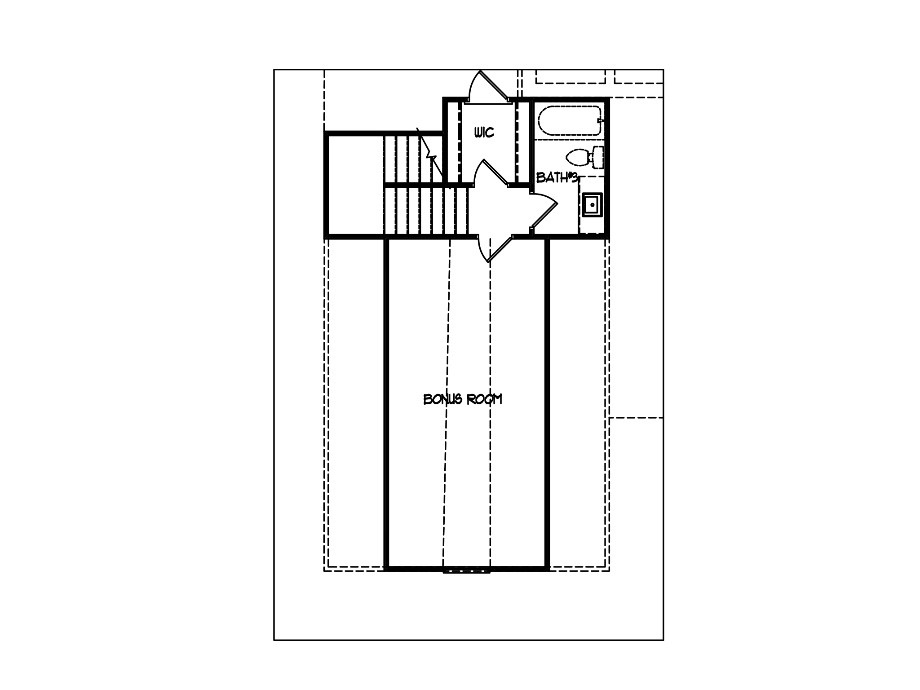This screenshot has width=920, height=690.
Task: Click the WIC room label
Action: pos(484,133)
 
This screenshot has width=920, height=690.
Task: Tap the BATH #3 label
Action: pos(557,178)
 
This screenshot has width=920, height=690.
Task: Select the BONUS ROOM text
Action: pos(463,399)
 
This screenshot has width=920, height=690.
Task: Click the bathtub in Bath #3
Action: pos(570,120)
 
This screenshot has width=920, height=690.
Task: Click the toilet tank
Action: pos(598,157)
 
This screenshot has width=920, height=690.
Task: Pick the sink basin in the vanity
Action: pos(592,205)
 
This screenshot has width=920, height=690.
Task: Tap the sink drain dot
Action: pos(593,205)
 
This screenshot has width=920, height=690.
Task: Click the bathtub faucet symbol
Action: pos(601,120)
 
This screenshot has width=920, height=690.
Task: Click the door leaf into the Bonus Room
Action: pos(500,248)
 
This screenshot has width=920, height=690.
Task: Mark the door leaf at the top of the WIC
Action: pos(494,86)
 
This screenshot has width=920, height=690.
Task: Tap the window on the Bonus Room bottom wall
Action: pos(466,571)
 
